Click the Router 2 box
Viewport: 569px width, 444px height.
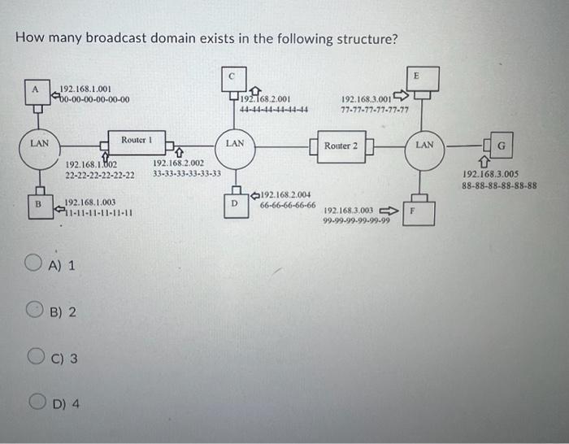point(341,146)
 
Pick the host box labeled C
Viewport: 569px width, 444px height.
point(231,76)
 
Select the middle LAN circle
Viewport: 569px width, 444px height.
point(235,145)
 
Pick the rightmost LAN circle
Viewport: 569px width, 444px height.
point(425,146)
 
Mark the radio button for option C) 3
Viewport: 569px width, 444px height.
point(35,357)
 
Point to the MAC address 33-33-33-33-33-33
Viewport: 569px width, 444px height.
point(187,173)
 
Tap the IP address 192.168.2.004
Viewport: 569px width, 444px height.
point(286,195)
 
